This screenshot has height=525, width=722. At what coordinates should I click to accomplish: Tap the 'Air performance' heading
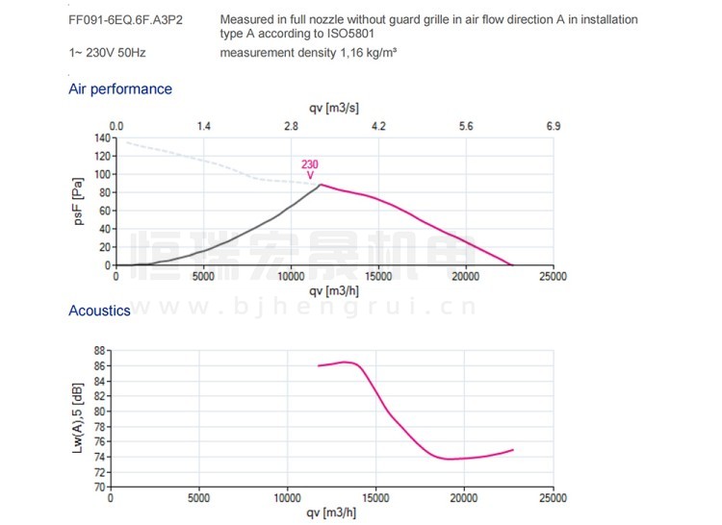click(x=120, y=89)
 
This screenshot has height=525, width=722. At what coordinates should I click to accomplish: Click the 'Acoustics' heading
click(x=99, y=311)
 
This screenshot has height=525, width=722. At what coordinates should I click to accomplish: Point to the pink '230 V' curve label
click(x=310, y=169)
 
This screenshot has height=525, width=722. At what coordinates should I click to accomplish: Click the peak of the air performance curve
click(x=321, y=185)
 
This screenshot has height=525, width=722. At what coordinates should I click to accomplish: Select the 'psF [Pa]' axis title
click(x=78, y=201)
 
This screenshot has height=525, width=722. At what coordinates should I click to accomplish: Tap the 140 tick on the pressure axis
click(x=101, y=137)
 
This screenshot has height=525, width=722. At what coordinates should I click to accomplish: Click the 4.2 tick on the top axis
click(x=378, y=126)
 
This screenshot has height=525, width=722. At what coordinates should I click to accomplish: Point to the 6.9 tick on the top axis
click(x=553, y=126)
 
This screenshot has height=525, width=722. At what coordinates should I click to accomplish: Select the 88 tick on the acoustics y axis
click(x=98, y=352)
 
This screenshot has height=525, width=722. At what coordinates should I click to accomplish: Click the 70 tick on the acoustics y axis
click(x=98, y=487)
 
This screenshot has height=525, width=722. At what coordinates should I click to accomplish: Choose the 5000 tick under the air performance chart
click(x=203, y=277)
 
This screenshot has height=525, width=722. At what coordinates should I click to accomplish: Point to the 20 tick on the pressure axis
click(x=103, y=246)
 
